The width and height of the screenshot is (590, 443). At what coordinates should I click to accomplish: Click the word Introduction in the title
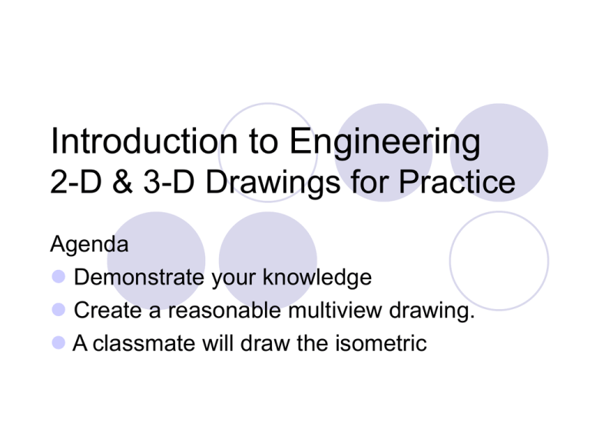[144, 141]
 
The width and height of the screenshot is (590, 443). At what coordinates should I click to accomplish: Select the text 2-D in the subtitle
[76, 182]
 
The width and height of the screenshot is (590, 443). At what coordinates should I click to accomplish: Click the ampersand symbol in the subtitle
[122, 182]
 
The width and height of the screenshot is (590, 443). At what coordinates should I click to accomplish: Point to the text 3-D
[169, 182]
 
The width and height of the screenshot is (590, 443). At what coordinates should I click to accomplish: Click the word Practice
[457, 182]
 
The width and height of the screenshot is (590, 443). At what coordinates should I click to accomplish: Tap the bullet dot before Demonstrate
[58, 277]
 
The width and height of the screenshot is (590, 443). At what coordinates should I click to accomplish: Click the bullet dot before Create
[58, 310]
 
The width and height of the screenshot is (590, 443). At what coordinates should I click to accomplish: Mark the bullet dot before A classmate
[58, 343]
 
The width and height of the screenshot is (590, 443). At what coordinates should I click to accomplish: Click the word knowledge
[317, 278]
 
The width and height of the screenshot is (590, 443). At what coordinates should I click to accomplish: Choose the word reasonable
[224, 311]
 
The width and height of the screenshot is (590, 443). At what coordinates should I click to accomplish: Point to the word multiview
[335, 311]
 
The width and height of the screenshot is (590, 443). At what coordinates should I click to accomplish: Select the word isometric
[381, 343]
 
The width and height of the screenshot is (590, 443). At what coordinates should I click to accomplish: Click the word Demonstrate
[139, 277]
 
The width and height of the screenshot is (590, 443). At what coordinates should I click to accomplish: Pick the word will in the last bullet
[218, 343]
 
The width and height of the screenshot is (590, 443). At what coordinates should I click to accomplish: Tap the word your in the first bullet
[234, 279]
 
